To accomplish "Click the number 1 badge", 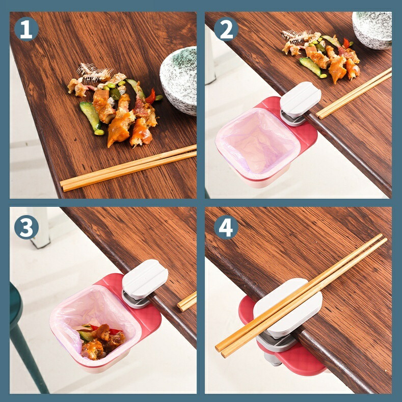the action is coord(26,29).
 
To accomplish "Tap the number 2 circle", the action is coord(226,29).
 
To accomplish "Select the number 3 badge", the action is coord(26,227).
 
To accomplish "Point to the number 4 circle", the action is coord(226,227).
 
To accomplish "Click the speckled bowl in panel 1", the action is coord(179,81).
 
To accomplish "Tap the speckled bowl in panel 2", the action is coord(372,30).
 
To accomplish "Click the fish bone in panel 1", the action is coord(94,71).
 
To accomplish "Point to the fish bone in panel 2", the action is coord(298,37).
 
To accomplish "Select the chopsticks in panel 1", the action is coord(128,169).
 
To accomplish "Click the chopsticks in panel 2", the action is coord(354,94).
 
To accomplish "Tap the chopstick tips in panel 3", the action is coord(186,302).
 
